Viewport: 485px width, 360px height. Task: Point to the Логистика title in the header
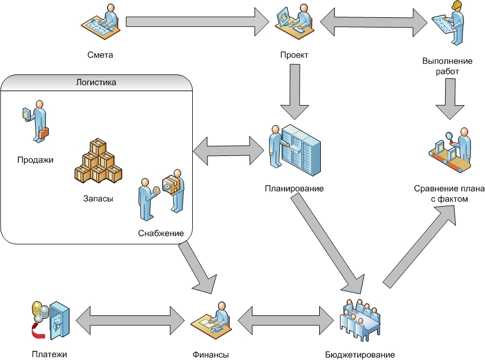tap(97, 83)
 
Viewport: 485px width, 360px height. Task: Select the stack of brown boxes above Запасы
tap(98, 161)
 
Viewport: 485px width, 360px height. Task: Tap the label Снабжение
tap(161, 233)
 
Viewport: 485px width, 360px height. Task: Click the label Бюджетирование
tap(359, 355)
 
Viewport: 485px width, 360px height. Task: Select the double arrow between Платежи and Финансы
tap(130, 318)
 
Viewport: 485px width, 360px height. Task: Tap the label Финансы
tap(211, 355)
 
